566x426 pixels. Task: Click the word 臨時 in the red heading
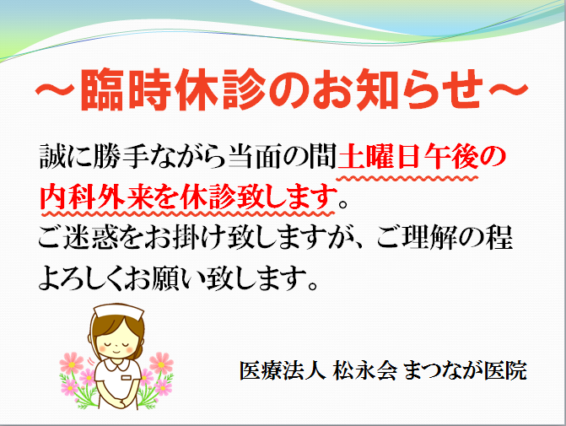pyautogui.click(x=126, y=89)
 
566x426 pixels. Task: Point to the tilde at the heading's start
pyautogui.click(x=55, y=89)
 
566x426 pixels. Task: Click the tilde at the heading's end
pyautogui.click(x=509, y=89)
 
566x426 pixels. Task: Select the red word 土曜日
pyautogui.click(x=379, y=156)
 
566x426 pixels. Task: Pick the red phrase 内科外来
pyautogui.click(x=94, y=197)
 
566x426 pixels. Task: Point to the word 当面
pyautogui.click(x=254, y=156)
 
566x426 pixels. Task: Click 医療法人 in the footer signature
pyautogui.click(x=283, y=371)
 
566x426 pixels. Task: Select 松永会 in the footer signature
pyautogui.click(x=364, y=371)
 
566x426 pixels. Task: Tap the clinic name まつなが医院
pyautogui.click(x=465, y=371)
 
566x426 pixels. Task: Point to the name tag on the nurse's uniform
pyautogui.click(x=127, y=378)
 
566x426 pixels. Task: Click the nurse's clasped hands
pyautogui.click(x=118, y=401)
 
